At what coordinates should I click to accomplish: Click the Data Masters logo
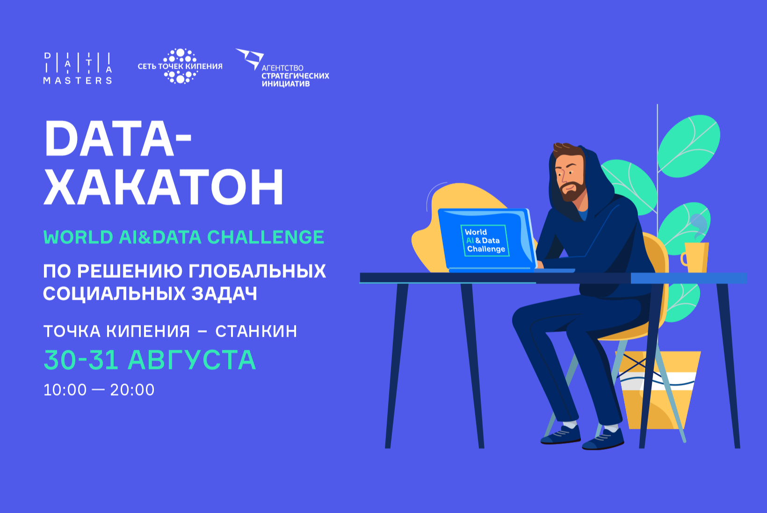pos(78,68)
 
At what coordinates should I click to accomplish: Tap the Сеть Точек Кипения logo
pos(180,66)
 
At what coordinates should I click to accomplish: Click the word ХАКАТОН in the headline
pos(164,188)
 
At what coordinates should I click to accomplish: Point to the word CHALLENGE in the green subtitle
pos(266,238)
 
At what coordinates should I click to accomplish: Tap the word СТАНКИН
pos(256,331)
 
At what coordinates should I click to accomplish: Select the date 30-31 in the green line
pos(81,360)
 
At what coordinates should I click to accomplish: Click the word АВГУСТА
pos(192,360)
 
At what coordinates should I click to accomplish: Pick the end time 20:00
pos(132,390)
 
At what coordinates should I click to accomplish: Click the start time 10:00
pos(65,390)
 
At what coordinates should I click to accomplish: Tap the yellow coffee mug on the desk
pos(695,257)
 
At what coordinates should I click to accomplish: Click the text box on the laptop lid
pos(485,240)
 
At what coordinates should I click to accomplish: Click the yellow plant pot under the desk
pos(658,388)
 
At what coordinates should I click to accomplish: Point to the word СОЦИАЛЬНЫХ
pos(115,294)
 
